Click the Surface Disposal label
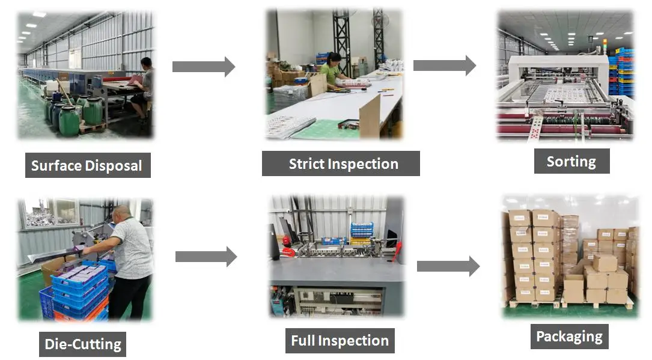tap(87, 165)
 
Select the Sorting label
tap(571, 161)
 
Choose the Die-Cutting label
tap(83, 344)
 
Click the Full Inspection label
tap(340, 341)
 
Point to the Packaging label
tap(569, 336)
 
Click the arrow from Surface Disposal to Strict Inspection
tap(203, 66)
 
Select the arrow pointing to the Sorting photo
tap(444, 65)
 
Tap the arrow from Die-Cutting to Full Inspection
tap(206, 257)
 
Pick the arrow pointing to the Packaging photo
tap(448, 265)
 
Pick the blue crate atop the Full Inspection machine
tap(362, 228)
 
